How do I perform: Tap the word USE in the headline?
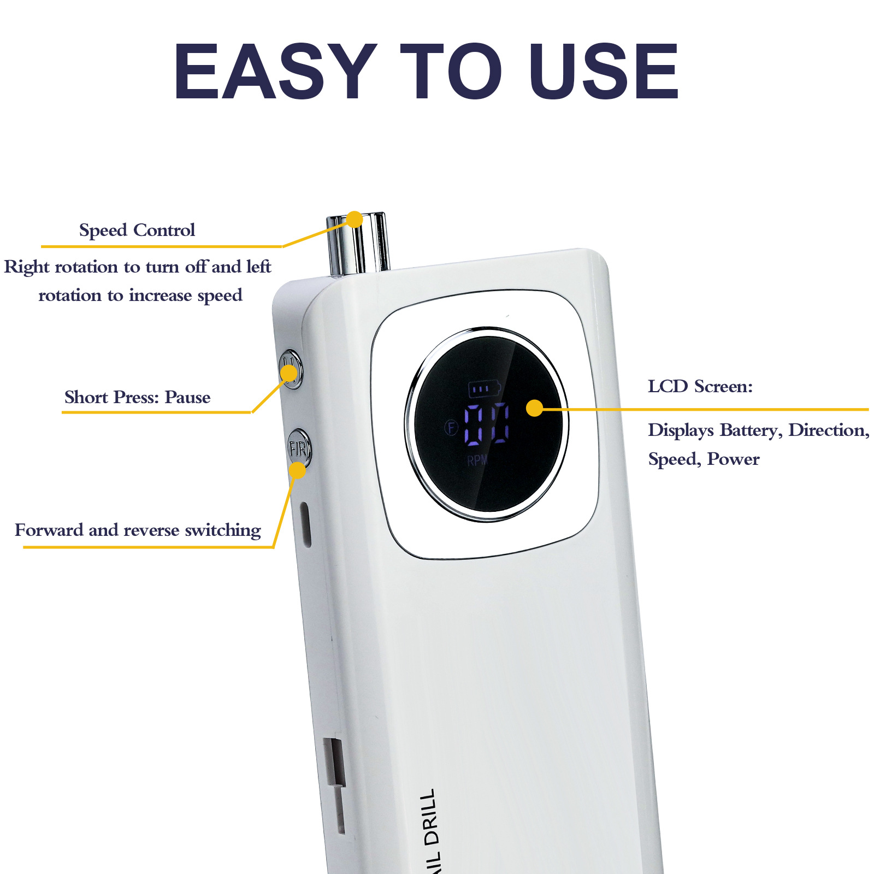click(604, 71)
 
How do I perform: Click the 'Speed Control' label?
click(137, 230)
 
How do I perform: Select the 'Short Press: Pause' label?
click(137, 397)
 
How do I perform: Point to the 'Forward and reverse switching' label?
click(138, 530)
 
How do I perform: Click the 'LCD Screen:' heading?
click(700, 387)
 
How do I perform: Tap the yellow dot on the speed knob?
click(355, 220)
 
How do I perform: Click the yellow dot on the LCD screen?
click(535, 408)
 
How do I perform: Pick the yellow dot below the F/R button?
click(297, 470)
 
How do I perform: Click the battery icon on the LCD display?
click(484, 389)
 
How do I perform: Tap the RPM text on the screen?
click(477, 460)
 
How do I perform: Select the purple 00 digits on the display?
click(487, 424)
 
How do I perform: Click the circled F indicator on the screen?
click(451, 427)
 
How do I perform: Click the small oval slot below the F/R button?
click(306, 524)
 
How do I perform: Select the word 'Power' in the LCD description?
click(733, 459)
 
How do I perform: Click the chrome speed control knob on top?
click(358, 244)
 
